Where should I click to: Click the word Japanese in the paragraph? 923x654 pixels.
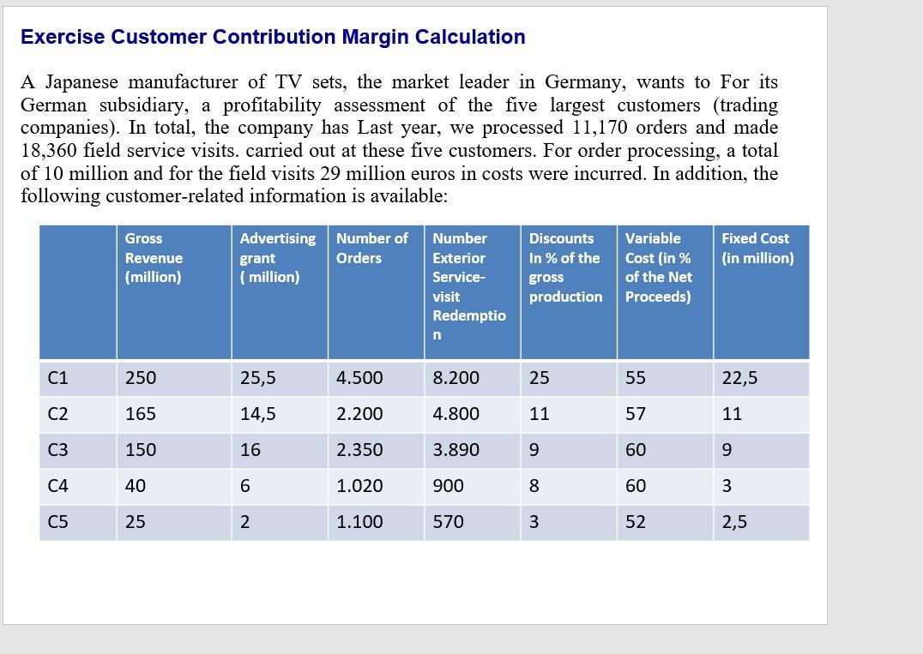point(83,82)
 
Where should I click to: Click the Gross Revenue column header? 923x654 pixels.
point(154,257)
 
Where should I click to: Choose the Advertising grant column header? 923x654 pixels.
point(277,257)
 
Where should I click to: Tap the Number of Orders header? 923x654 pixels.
point(371,248)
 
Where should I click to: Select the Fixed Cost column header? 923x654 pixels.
point(757,248)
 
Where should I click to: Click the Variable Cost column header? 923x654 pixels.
point(658,267)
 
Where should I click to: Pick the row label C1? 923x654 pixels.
point(58,378)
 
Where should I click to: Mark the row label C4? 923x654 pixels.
point(58,486)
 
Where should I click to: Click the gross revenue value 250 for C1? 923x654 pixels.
point(141,378)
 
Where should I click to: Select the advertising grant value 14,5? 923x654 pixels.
point(257,414)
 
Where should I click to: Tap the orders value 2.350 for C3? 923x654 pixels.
point(359,450)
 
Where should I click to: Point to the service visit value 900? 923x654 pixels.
point(448,486)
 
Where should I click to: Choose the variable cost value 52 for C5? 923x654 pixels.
point(636,522)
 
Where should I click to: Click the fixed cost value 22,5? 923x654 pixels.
point(739,378)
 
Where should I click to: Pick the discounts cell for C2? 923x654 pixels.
point(539,414)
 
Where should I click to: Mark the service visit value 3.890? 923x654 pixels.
point(456,450)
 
